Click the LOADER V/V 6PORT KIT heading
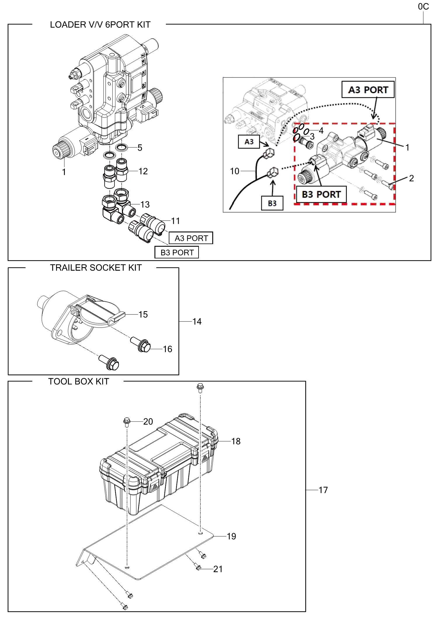pyautogui.click(x=100, y=25)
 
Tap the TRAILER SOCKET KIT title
pyautogui.click(x=96, y=268)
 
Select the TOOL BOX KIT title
pyautogui.click(x=79, y=381)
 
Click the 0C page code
pyautogui.click(x=423, y=7)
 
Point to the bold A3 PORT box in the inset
pyautogui.click(x=368, y=90)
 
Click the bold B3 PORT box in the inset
pyautogui.click(x=321, y=194)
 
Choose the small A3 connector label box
pyautogui.click(x=249, y=142)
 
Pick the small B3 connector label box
pyautogui.click(x=272, y=203)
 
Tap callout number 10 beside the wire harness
pyautogui.click(x=234, y=171)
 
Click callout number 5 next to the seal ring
pyautogui.click(x=140, y=148)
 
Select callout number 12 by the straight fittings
pyautogui.click(x=143, y=171)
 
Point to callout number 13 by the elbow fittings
pyautogui.click(x=145, y=204)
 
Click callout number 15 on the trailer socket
pyautogui.click(x=143, y=315)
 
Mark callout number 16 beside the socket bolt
pyautogui.click(x=167, y=349)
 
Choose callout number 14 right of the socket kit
pyautogui.click(x=197, y=322)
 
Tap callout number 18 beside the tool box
pyautogui.click(x=236, y=441)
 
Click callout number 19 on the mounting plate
pyautogui.click(x=231, y=536)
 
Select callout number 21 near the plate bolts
pyautogui.click(x=218, y=569)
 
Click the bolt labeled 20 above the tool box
pyautogui.click(x=127, y=422)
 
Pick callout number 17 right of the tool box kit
pyautogui.click(x=323, y=490)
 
